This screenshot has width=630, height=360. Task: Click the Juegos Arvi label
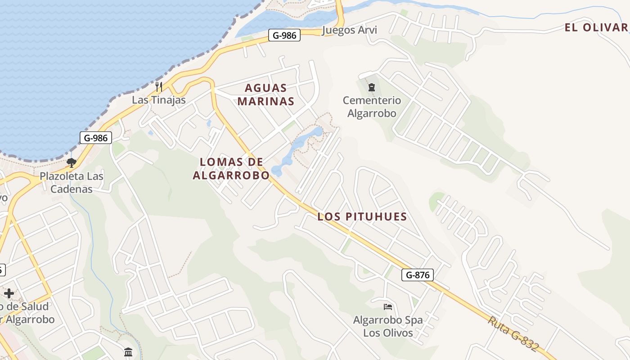[349, 30]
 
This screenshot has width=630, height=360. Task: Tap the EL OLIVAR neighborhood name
[596, 27]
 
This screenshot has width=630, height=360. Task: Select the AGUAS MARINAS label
[266, 94]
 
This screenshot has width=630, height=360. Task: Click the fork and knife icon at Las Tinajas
[158, 86]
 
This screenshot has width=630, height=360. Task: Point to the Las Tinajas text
[158, 100]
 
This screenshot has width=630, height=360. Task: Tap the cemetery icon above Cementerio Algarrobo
[372, 87]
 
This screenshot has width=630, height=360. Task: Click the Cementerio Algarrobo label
[372, 107]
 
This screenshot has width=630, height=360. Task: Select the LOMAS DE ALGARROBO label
[231, 169]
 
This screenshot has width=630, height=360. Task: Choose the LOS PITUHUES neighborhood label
[362, 216]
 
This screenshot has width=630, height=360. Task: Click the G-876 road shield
[417, 274]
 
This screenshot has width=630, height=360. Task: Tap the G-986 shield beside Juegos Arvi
[284, 35]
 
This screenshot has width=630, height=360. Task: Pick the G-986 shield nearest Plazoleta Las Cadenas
[95, 138]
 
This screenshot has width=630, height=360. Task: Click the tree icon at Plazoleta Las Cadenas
[71, 162]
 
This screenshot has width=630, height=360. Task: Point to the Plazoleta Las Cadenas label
[72, 182]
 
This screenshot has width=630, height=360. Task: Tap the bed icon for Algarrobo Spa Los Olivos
[388, 307]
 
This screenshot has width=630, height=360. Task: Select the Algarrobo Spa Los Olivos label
[388, 327]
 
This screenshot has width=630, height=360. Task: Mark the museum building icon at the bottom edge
[128, 351]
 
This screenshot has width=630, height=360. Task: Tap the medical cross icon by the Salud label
[9, 293]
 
